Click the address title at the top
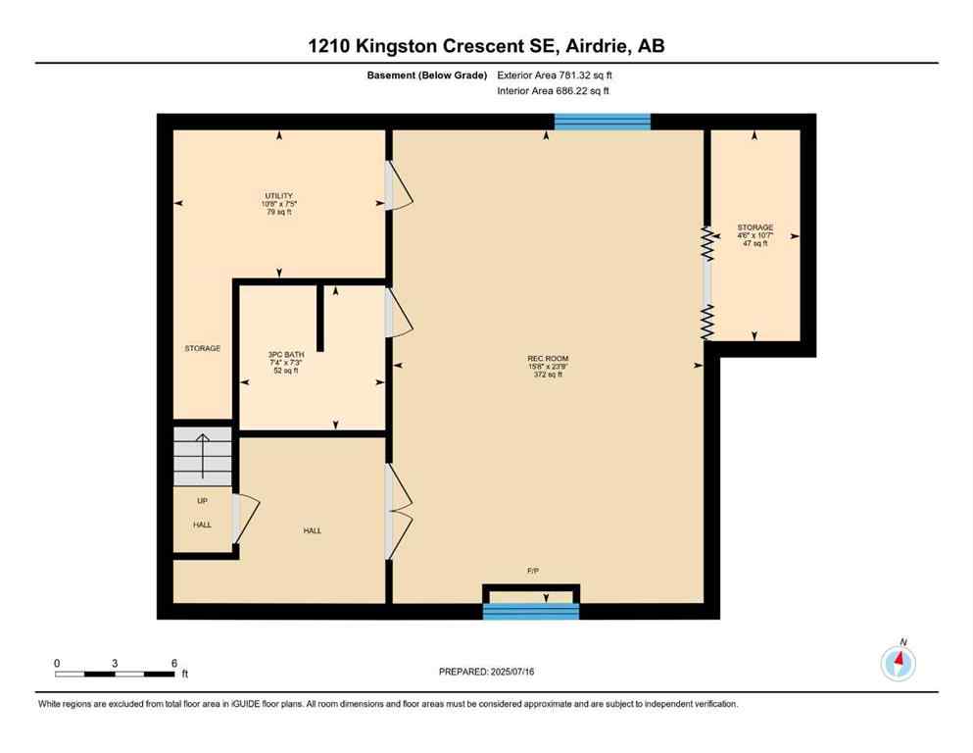tap(486, 46)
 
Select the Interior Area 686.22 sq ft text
tap(555, 91)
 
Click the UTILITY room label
tap(278, 203)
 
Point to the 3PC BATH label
tap(283, 362)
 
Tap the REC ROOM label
tap(548, 366)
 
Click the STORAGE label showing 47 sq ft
tap(754, 235)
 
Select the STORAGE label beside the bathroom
tap(203, 348)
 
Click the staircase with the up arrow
tap(203, 456)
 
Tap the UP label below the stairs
tap(202, 501)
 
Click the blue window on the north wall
tap(602, 122)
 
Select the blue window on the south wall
tap(532, 612)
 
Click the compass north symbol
tap(898, 663)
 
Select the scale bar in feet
tap(115, 674)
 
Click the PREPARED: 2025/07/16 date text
tap(486, 672)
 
